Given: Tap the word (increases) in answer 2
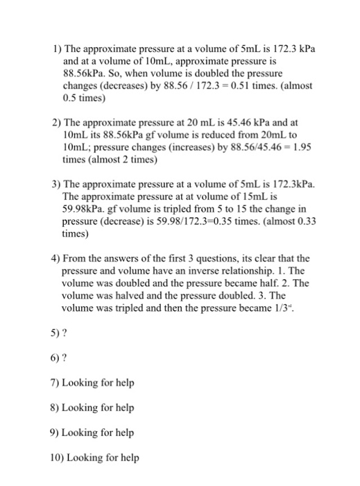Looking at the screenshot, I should tap(186, 148).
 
